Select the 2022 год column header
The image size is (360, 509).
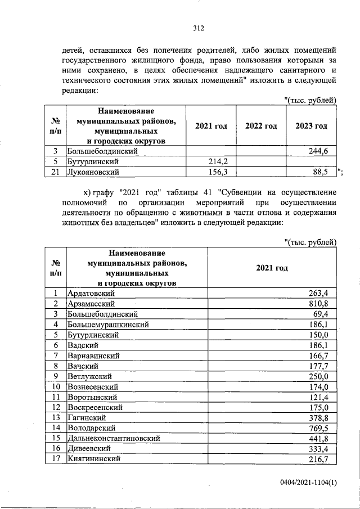point(261,127)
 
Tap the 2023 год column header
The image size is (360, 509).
point(311,127)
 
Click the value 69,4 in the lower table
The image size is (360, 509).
point(325,314)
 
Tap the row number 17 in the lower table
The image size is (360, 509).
point(56,459)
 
